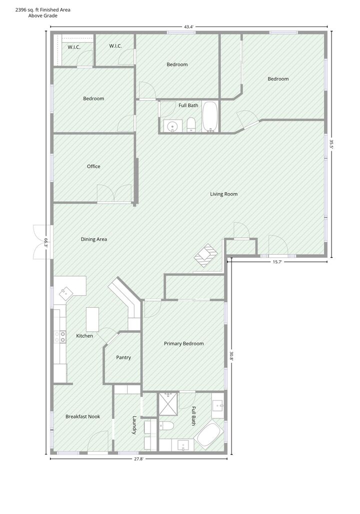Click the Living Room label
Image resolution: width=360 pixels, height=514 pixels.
[223, 194]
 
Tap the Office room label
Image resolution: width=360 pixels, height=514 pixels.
[93, 167]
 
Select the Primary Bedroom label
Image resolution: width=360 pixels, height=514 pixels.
[184, 343]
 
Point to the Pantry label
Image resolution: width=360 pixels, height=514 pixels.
[123, 358]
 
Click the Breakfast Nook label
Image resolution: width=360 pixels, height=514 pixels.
[82, 416]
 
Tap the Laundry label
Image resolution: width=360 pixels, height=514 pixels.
[134, 425]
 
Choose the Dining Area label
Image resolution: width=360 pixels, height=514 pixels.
[93, 239]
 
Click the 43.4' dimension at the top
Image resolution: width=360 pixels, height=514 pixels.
[188, 27]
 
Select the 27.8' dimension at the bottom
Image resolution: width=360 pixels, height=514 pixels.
[138, 459]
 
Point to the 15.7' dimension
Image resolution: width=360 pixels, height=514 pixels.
[277, 262]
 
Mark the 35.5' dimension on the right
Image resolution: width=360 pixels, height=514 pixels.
[331, 145]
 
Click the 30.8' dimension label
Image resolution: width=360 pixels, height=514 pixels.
[231, 356]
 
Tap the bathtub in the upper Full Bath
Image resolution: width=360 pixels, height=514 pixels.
[210, 117]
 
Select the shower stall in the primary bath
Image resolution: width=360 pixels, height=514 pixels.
[168, 403]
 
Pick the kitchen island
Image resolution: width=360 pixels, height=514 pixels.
[92, 319]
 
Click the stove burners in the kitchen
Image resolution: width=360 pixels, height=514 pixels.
[60, 337]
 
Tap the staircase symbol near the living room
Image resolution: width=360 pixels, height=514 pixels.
[206, 256]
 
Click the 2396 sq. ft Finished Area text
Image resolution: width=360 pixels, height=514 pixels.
[43, 10]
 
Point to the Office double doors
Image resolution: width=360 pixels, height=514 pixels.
[114, 194]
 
